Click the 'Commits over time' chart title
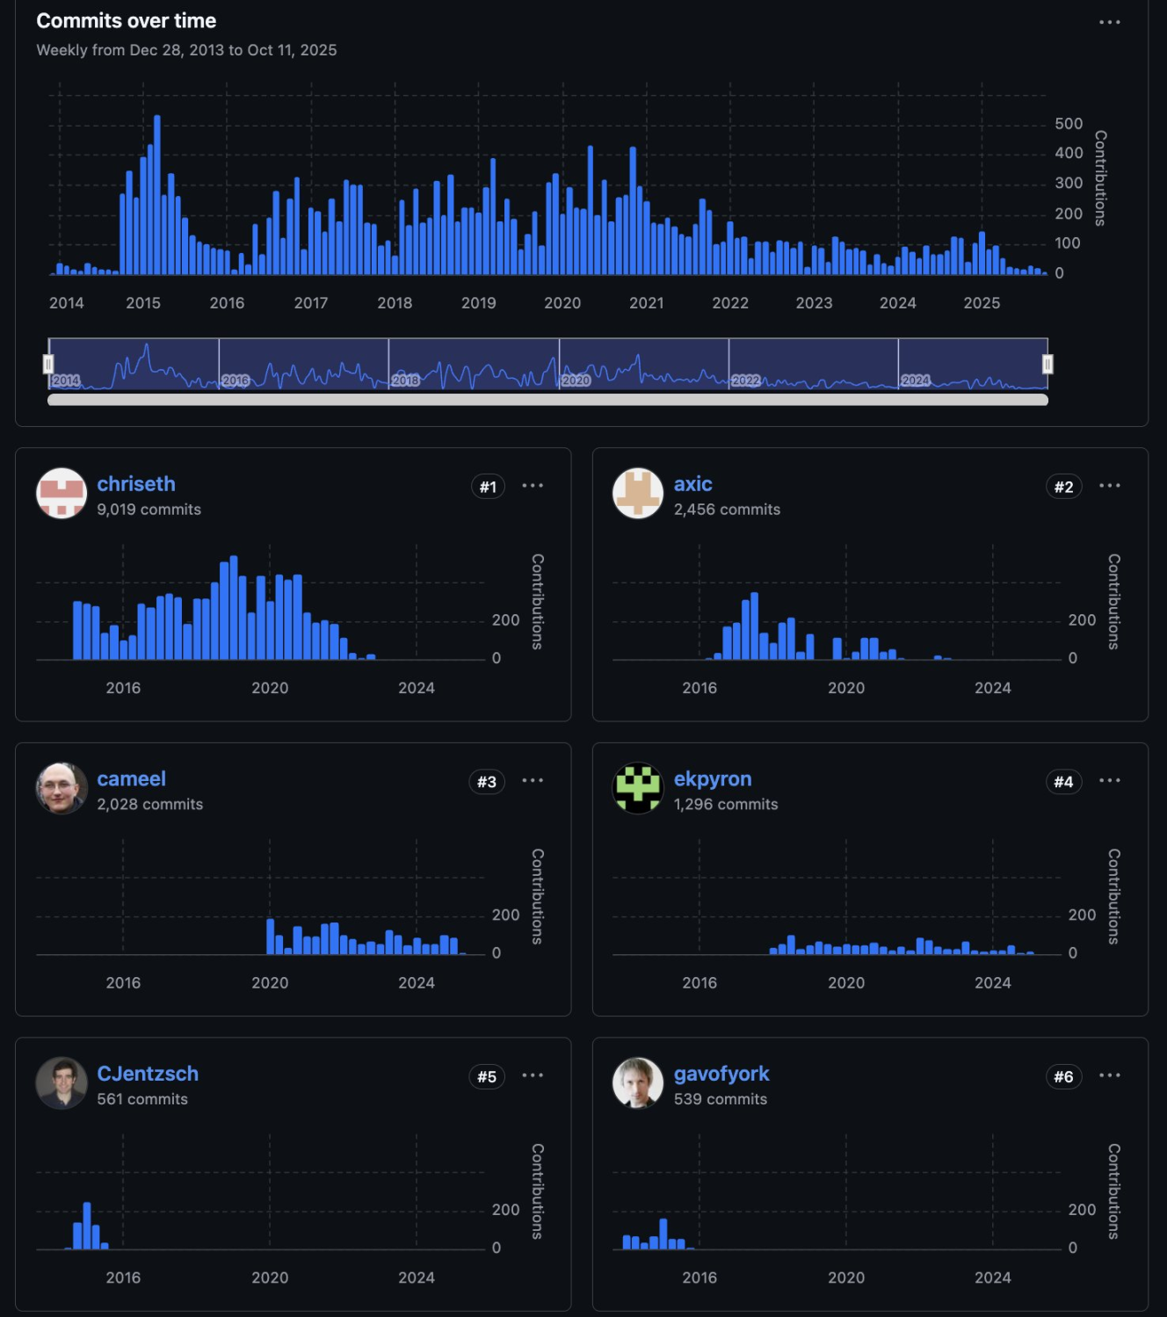coord(126,21)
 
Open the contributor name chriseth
coord(136,484)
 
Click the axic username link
coord(692,484)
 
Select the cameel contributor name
coord(131,779)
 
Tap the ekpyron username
coord(712,779)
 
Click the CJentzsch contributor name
coord(148,1074)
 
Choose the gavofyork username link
coord(721,1074)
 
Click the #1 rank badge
coord(488,487)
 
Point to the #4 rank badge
coord(1063,782)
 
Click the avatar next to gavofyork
coord(637,1082)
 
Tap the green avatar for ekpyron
coord(637,788)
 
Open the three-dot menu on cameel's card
coord(533,780)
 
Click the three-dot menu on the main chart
coord(1109,22)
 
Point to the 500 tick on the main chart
coord(1069,124)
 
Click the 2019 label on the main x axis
coord(478,303)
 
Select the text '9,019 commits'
coord(149,510)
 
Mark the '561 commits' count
coord(142,1099)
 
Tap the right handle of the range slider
coord(1047,364)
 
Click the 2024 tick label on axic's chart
coord(992,688)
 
